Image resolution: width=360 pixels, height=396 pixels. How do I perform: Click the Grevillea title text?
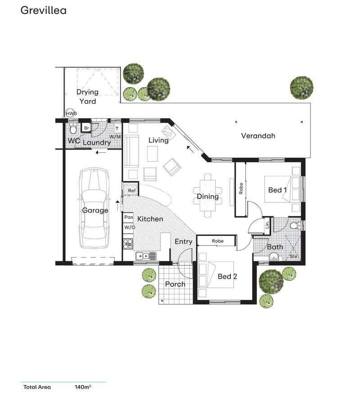[43, 10]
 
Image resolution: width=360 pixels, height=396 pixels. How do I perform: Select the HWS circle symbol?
[71, 114]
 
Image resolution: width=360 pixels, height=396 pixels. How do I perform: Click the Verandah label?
[258, 136]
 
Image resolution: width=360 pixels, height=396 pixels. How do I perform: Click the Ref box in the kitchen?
[131, 191]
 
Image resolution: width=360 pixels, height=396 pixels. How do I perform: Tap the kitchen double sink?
[146, 256]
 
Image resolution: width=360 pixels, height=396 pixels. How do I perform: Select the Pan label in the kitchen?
[129, 217]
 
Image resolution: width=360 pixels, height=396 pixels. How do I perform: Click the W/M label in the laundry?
[116, 136]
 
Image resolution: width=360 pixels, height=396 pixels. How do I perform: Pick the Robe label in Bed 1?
[241, 188]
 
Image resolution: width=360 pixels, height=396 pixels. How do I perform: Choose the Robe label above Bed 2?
[218, 241]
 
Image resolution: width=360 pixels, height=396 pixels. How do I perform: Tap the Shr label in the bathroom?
[294, 256]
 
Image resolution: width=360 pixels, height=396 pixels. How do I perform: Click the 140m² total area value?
[83, 387]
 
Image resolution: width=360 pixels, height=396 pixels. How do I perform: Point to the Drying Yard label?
[87, 97]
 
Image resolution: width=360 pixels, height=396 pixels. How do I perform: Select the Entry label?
[184, 241]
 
